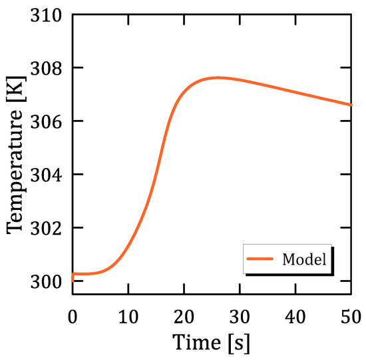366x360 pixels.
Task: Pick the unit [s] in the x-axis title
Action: (x=238, y=342)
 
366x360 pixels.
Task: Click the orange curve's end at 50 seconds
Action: (x=351, y=105)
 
